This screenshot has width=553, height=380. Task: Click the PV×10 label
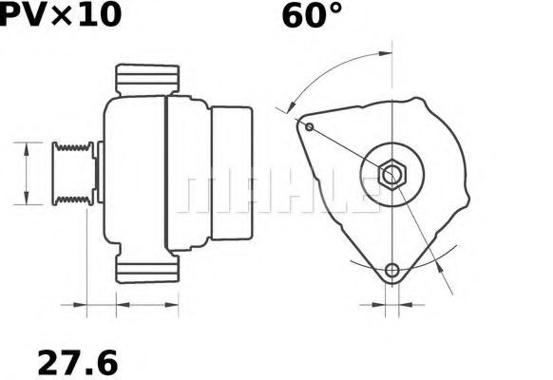61,15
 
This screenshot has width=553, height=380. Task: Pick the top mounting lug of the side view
147,79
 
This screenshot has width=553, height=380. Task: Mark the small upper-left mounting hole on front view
309,124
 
